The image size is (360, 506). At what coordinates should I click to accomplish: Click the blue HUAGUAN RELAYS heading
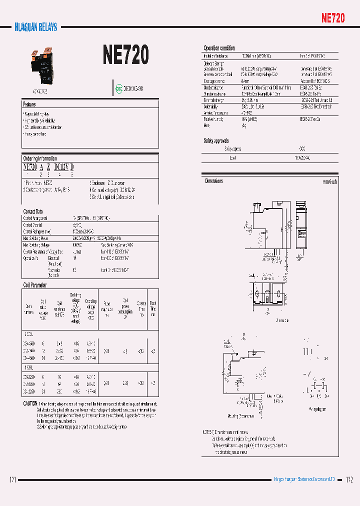click(x=35, y=27)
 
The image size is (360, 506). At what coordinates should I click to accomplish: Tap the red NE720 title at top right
click(x=332, y=18)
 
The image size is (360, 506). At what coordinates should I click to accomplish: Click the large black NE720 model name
click(x=125, y=55)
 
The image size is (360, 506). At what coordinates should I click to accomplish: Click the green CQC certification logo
click(x=119, y=88)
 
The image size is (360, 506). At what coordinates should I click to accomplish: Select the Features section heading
click(x=29, y=104)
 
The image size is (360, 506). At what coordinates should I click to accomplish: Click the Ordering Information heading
click(x=40, y=158)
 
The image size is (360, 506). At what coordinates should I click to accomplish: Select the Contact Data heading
click(x=33, y=211)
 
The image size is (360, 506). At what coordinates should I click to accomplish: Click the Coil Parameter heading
click(x=35, y=285)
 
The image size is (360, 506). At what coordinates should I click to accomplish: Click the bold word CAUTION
click(x=29, y=403)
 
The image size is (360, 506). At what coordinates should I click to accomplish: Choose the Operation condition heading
click(x=219, y=48)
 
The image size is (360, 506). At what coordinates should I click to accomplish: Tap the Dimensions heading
click(x=214, y=181)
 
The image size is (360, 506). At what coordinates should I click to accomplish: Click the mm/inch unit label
click(x=329, y=182)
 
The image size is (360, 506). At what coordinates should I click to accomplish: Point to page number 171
click(x=13, y=479)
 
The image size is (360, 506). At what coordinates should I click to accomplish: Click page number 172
click(x=349, y=479)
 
